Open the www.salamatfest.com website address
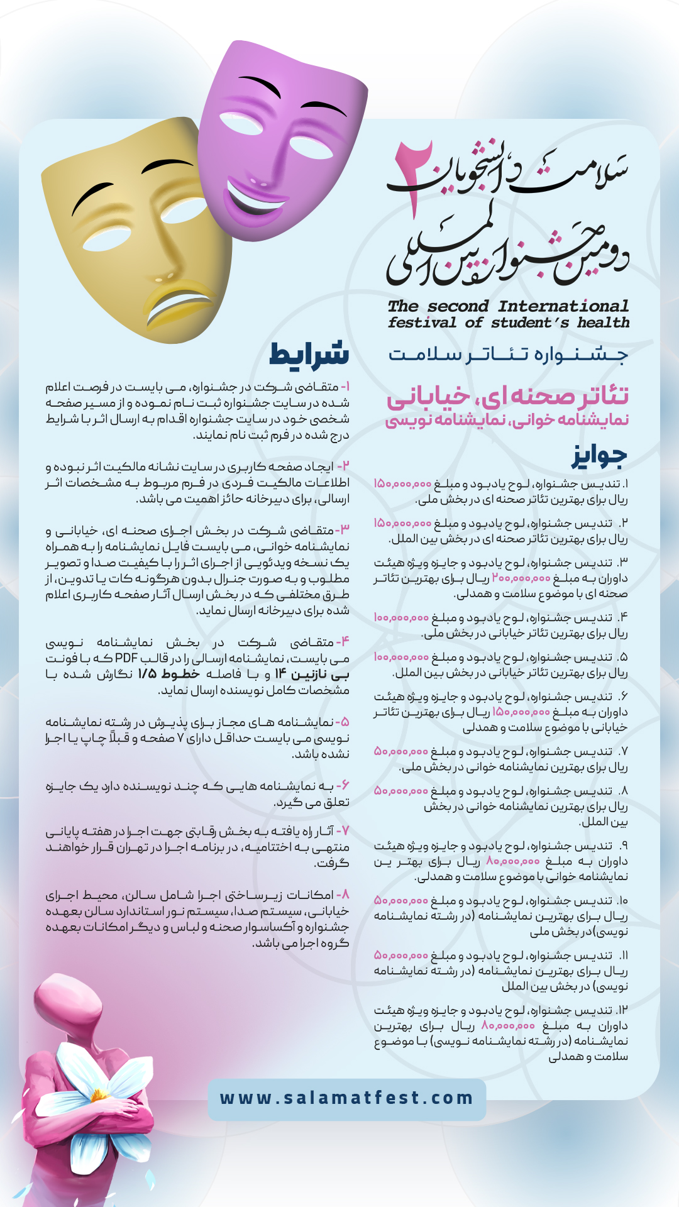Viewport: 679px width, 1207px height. click(346, 1098)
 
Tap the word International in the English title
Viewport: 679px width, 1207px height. click(563, 306)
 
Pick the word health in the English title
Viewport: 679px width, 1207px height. click(603, 322)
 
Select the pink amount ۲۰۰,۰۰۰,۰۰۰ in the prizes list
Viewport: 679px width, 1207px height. click(521, 578)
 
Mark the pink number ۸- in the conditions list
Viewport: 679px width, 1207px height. click(343, 895)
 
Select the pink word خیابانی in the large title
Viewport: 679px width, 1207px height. click(428, 396)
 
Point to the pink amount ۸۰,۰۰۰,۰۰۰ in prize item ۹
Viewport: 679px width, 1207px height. click(513, 861)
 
